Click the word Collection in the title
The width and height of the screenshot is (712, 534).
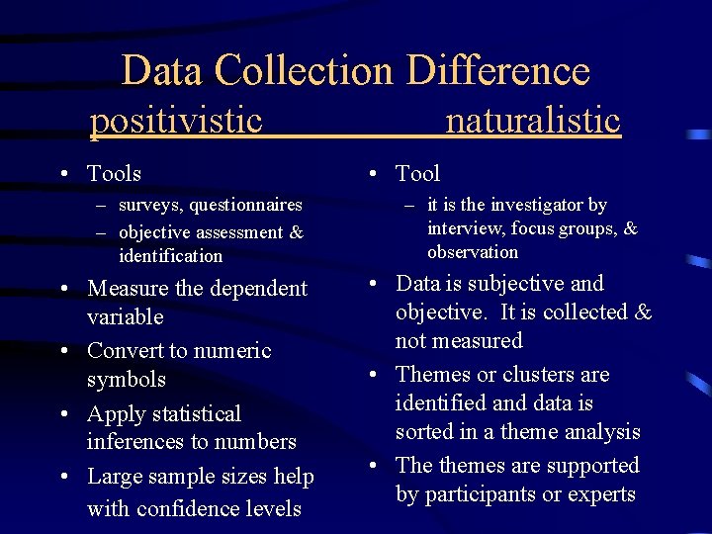coord(304,71)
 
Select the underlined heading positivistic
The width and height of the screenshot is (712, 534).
coord(176,121)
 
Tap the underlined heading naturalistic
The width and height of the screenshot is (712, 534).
coord(533,121)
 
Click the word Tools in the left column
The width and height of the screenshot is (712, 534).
coord(114,174)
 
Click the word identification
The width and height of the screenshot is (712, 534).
coord(170,256)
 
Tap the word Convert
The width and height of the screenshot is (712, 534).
coord(125,351)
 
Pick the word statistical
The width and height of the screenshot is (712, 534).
coord(193,414)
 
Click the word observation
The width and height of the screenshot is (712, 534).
coord(473,252)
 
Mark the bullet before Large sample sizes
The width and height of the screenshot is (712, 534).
coord(64,477)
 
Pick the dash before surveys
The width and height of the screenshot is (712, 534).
coord(102,206)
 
